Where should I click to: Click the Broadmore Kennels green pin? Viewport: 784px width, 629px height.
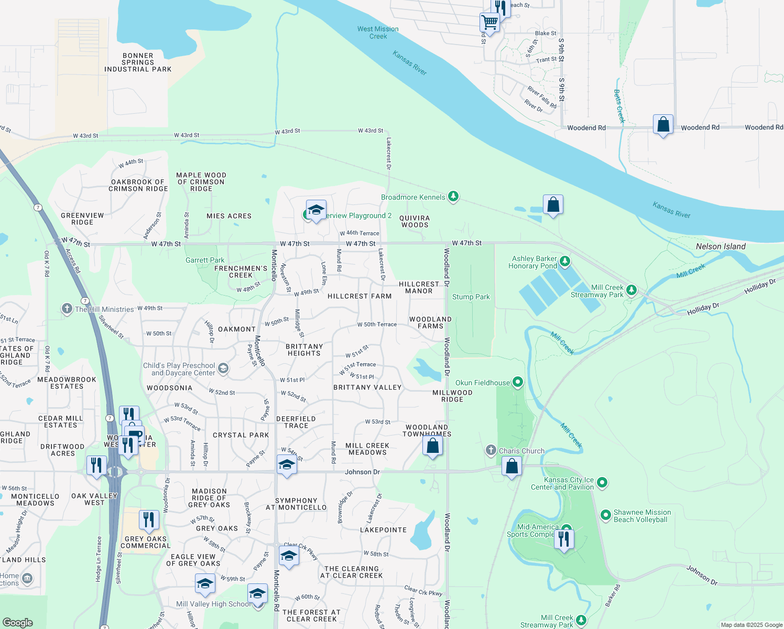click(453, 197)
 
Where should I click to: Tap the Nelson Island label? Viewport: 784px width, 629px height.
click(721, 246)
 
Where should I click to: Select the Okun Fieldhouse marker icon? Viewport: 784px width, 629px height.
click(518, 382)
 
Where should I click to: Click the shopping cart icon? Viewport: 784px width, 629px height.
click(489, 22)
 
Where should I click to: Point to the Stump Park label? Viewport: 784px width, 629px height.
click(471, 297)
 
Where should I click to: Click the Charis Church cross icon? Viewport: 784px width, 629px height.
click(491, 450)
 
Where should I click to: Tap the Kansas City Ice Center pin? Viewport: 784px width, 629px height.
click(602, 482)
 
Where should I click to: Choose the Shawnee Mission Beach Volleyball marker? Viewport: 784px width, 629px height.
click(606, 515)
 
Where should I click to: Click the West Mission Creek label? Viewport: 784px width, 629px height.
click(378, 32)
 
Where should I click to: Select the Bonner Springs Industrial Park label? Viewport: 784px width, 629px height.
click(138, 62)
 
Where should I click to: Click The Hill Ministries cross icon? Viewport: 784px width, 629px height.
click(67, 308)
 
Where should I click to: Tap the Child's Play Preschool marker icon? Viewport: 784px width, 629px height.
click(223, 368)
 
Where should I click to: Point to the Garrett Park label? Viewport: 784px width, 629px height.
click(205, 260)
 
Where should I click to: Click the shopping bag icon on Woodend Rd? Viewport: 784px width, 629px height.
click(663, 125)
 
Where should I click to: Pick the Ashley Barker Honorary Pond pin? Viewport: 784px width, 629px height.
click(564, 261)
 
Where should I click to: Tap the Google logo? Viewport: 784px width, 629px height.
click(18, 622)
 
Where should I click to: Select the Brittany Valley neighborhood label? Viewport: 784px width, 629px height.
click(367, 387)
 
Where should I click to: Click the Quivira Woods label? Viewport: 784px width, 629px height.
click(415, 221)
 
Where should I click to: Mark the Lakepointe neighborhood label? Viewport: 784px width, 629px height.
click(383, 530)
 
